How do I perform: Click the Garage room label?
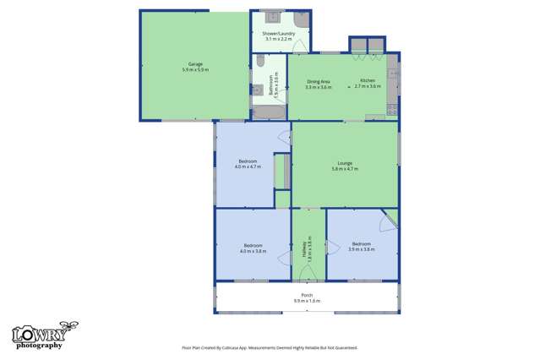pyautogui.click(x=195, y=63)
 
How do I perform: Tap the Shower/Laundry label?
pyautogui.click(x=278, y=35)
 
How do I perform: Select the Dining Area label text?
pyautogui.click(x=319, y=82)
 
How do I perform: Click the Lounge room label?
pyautogui.click(x=345, y=164)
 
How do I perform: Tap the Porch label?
pyautogui.click(x=307, y=295)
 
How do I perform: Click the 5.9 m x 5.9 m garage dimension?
pyautogui.click(x=195, y=69)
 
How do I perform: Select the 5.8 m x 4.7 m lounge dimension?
pyautogui.click(x=345, y=170)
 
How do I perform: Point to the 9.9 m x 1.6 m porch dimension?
pyautogui.click(x=307, y=301)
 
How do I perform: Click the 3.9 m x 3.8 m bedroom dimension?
pyautogui.click(x=362, y=250)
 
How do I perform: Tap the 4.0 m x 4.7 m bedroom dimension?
pyautogui.click(x=248, y=166)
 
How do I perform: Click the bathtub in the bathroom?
pyautogui.click(x=269, y=111)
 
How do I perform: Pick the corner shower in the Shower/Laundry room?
pyautogui.click(x=299, y=18)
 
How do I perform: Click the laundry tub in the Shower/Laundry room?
pyautogui.click(x=271, y=16)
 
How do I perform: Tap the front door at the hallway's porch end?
pyautogui.click(x=308, y=275)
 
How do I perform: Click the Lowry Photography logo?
pyautogui.click(x=39, y=336)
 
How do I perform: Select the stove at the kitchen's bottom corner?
pyautogui.click(x=391, y=109)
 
